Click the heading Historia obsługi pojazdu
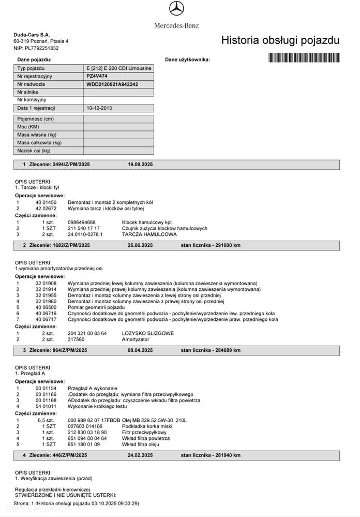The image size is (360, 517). tap(280, 40)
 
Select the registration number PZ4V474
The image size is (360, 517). tap(97, 76)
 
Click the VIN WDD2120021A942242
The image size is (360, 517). tap(112, 84)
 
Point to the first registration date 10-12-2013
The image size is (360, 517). tap(99, 108)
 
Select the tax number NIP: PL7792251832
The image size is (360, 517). tap(36, 48)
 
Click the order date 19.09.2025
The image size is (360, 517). tap(140, 165)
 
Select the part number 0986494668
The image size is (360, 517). tap(82, 222)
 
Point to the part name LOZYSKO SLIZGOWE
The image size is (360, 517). tap(148, 333)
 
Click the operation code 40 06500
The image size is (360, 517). tap(46, 307)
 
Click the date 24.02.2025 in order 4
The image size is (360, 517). tap(140, 455)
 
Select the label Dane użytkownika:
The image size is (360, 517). tap(188, 60)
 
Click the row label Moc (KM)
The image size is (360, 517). tap(28, 127)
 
